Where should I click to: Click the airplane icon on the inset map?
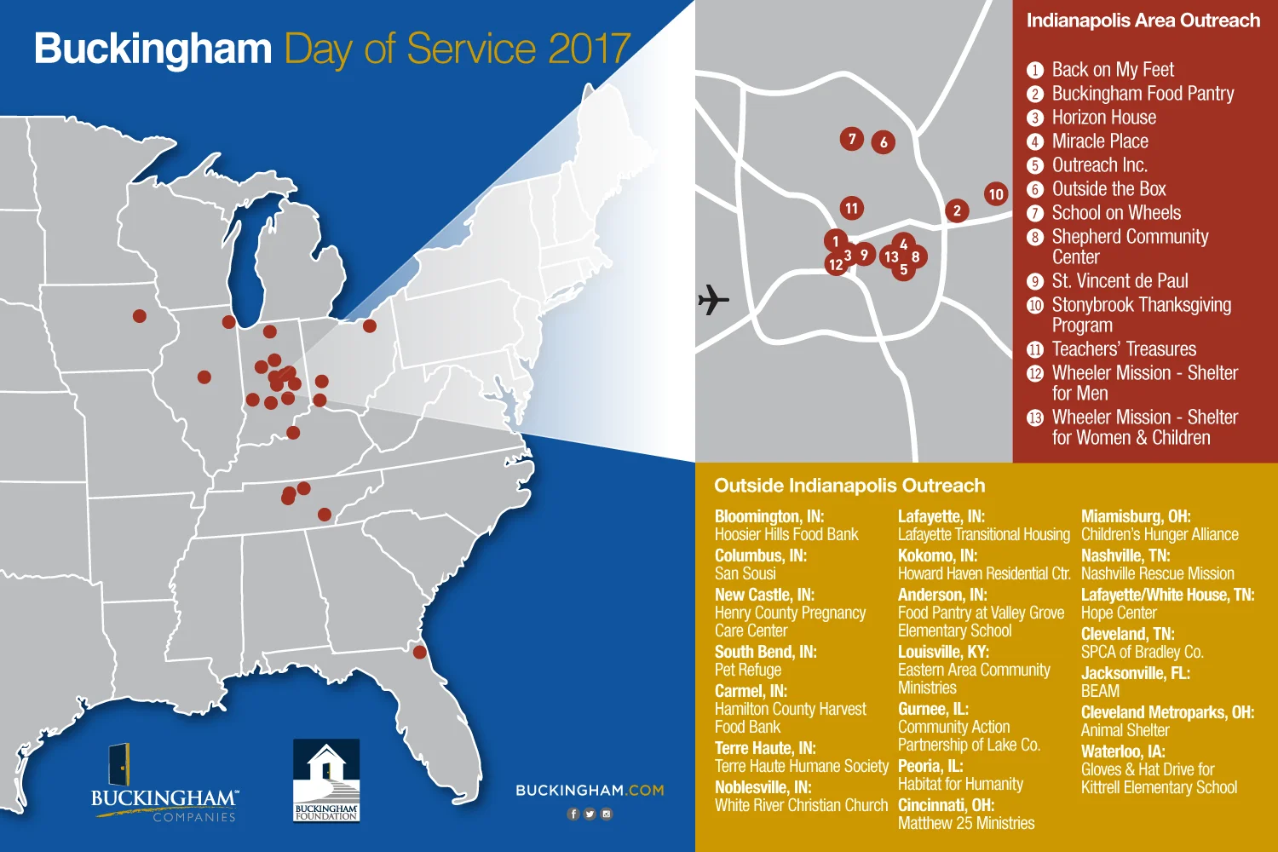point(713,299)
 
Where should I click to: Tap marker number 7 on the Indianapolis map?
point(851,138)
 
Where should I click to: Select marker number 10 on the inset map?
point(995,194)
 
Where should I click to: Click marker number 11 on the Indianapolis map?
point(851,208)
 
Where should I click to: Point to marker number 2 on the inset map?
point(957,210)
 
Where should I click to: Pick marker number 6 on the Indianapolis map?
point(884,142)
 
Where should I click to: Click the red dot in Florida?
point(419,652)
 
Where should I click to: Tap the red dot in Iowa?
point(140,316)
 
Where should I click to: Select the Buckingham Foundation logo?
point(326,780)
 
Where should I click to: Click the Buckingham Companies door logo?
point(119,764)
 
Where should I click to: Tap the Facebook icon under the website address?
point(573,814)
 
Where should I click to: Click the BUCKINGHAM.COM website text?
point(590,791)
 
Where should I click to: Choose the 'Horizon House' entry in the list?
point(1103,118)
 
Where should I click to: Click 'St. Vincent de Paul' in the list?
point(1120,281)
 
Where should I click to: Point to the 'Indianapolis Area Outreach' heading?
point(1143,20)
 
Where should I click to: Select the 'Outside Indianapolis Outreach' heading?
point(849,486)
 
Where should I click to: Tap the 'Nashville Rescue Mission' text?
point(1157,573)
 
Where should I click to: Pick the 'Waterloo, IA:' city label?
point(1123,751)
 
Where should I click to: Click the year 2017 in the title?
point(589,49)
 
